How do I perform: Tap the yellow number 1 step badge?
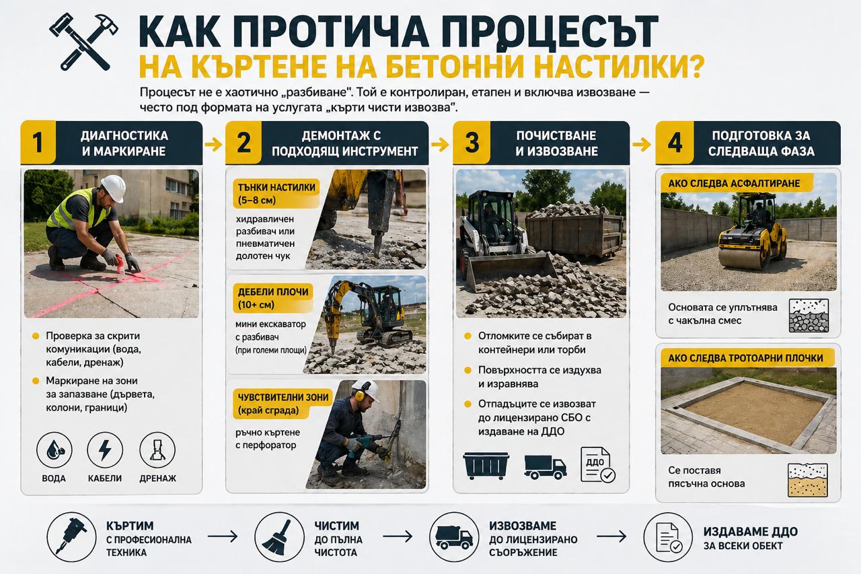pyautogui.click(x=38, y=143)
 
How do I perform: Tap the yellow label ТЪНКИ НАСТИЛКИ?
pyautogui.click(x=276, y=194)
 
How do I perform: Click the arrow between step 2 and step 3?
pyautogui.click(x=440, y=143)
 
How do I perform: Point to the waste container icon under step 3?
pyautogui.click(x=486, y=465)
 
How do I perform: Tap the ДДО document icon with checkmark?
pyautogui.click(x=596, y=465)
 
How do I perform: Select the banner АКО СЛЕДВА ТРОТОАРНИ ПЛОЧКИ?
pyautogui.click(x=747, y=358)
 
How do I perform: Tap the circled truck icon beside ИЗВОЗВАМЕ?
pyautogui.click(x=454, y=536)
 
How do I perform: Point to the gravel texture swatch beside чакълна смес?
pyautogui.click(x=808, y=316)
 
